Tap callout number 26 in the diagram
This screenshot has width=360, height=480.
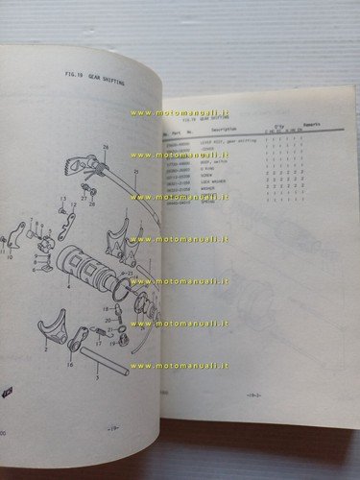[x=107, y=145]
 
